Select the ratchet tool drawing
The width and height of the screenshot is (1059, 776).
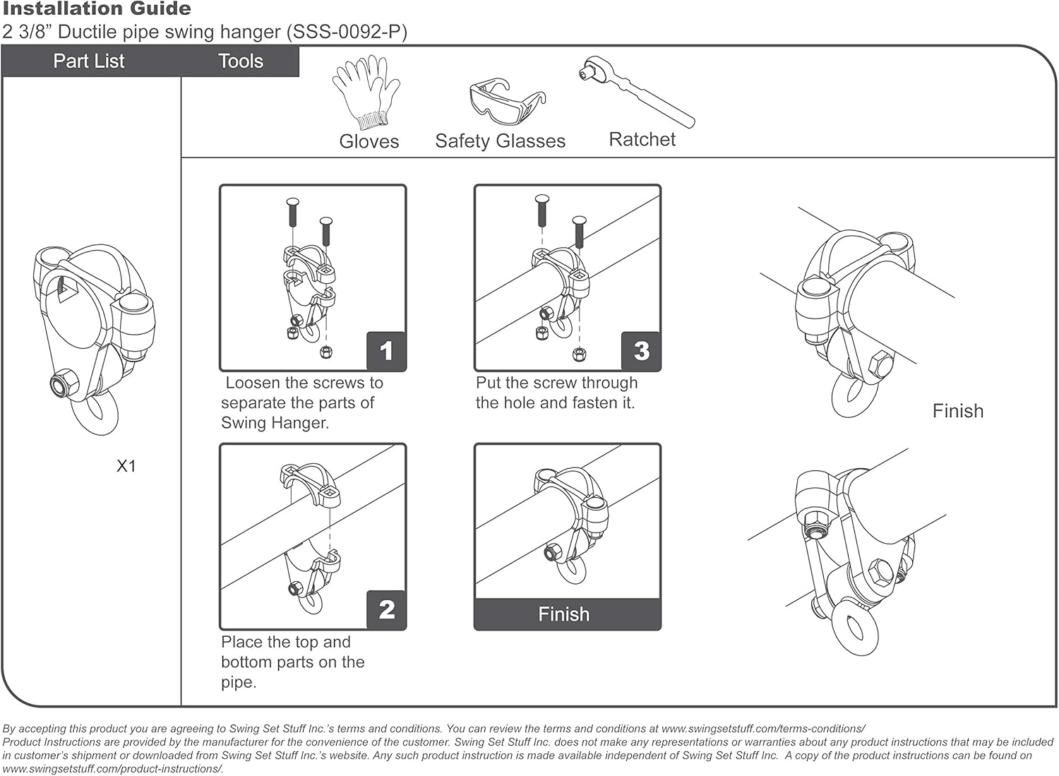637,92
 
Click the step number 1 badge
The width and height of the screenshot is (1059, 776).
386,351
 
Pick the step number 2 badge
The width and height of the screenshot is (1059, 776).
386,609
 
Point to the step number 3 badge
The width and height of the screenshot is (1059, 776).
641,351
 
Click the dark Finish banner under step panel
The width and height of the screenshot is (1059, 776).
567,614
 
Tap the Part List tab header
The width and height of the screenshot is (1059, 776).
89,61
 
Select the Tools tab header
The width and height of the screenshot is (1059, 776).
241,61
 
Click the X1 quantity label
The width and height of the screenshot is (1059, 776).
126,466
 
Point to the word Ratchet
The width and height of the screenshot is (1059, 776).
642,140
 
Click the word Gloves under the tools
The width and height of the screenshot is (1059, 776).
369,141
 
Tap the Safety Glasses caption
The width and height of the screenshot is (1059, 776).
500,141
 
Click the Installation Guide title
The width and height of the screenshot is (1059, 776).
97,9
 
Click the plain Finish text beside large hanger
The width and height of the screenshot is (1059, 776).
957,411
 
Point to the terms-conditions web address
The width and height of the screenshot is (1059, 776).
763,729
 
